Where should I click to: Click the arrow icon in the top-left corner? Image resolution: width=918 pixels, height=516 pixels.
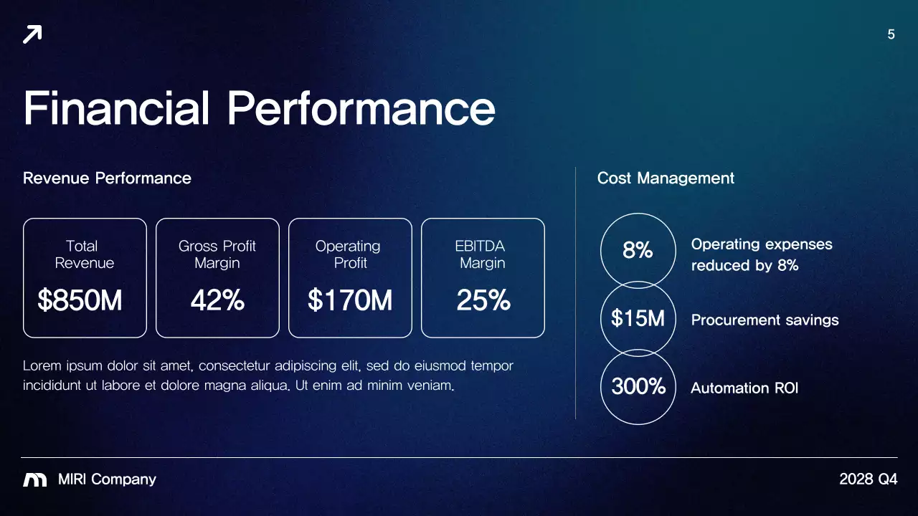32,34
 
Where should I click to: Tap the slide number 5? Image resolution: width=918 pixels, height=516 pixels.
891,34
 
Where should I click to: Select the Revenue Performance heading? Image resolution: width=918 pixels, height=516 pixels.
107,178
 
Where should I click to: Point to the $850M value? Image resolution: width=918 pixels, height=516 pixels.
80,300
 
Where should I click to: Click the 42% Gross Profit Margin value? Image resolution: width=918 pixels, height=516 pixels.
217,300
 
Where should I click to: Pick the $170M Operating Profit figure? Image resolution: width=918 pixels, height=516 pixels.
350,300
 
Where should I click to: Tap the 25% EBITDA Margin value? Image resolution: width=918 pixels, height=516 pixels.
483,300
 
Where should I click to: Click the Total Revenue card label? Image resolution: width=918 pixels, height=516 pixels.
84,254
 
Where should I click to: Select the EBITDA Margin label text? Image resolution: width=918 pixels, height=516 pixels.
482,254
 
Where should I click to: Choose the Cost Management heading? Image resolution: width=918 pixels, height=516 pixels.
666,178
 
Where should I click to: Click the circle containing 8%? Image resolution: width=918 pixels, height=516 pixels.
638,250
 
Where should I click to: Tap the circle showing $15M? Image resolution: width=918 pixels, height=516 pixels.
638,318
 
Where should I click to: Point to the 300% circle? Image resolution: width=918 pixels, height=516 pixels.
638,387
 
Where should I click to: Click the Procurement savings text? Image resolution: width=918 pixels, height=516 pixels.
765,320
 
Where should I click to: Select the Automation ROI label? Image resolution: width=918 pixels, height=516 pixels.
744,388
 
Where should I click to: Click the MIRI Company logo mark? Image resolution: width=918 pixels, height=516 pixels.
35,479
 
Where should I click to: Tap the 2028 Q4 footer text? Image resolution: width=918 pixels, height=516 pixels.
868,479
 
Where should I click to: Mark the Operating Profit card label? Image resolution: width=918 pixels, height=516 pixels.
349,254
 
